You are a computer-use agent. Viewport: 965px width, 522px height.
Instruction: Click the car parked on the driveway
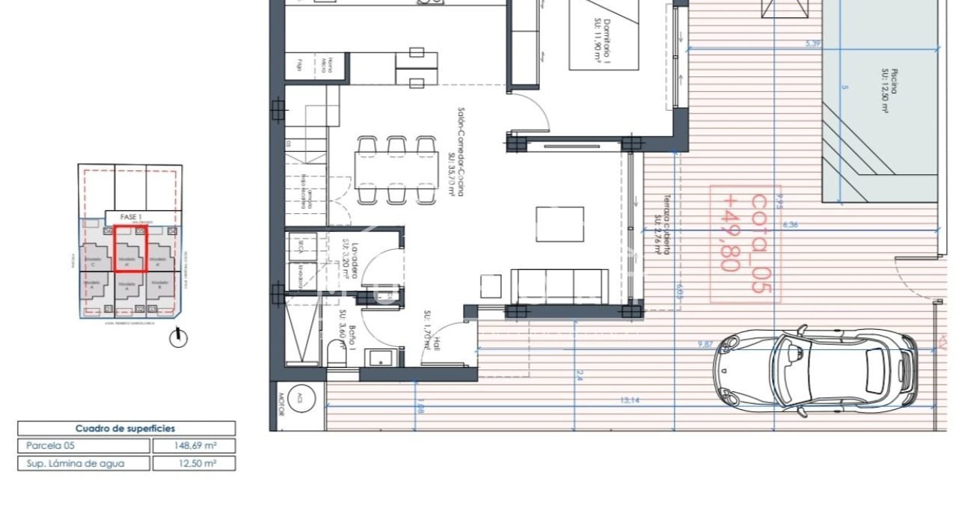pyautogui.click(x=815, y=371)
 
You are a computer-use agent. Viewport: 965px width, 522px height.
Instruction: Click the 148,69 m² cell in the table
pyautogui.click(x=194, y=446)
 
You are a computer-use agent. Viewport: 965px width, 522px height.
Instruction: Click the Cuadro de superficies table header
pyautogui.click(x=126, y=429)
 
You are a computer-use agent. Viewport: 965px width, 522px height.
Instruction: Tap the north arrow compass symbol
pyautogui.click(x=178, y=338)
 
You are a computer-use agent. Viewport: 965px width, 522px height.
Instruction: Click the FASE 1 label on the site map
pyautogui.click(x=130, y=217)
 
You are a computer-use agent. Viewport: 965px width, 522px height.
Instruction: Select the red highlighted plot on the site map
pyautogui.click(x=130, y=248)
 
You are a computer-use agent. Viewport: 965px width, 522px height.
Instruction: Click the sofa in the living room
pyautogui.click(x=558, y=286)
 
